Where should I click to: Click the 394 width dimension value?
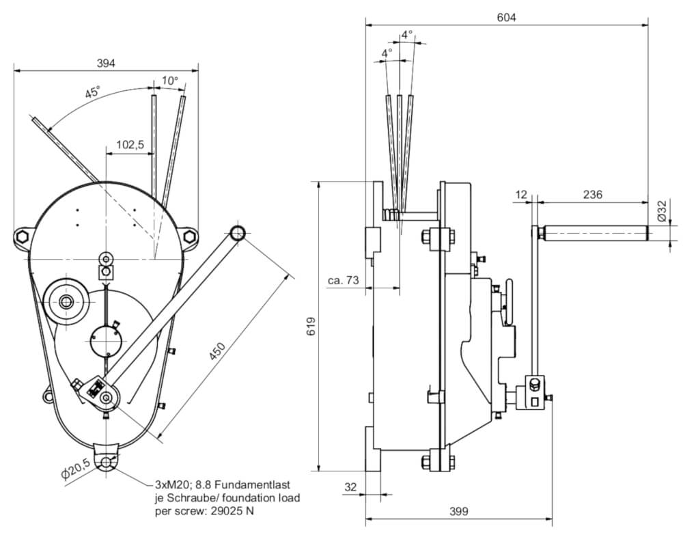[105, 63]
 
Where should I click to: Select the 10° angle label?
[169, 81]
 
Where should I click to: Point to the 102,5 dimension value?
[129, 145]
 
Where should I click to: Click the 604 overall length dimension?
[506, 18]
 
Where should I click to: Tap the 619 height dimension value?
[311, 327]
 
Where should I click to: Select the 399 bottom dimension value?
[458, 511]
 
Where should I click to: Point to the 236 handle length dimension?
[593, 195]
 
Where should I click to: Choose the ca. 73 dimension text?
[343, 281]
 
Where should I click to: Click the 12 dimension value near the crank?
[522, 195]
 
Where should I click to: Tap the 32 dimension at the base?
[350, 487]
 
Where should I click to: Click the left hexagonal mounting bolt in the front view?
[21, 237]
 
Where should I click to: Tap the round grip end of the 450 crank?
[238, 232]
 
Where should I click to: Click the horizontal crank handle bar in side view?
[592, 234]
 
